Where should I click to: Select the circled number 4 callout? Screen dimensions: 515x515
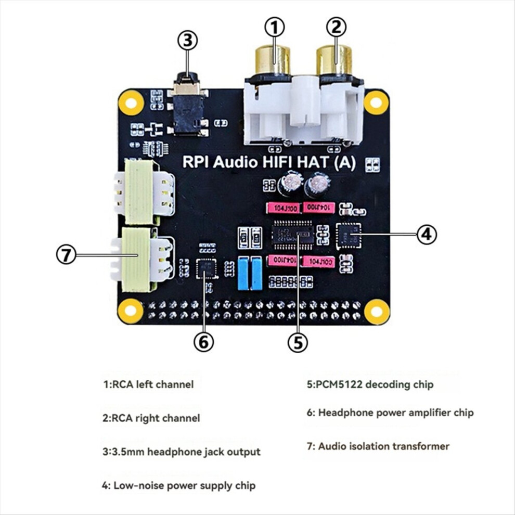tap(426, 235)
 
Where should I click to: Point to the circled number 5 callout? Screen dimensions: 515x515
tap(298, 342)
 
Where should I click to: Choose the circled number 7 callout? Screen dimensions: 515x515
tap(66, 255)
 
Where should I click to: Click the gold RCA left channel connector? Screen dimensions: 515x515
tap(272, 60)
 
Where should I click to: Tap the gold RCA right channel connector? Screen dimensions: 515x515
tap(334, 60)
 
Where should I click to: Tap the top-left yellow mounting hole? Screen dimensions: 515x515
tap(131, 102)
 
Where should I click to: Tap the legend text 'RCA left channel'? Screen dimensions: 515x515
tap(148, 384)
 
